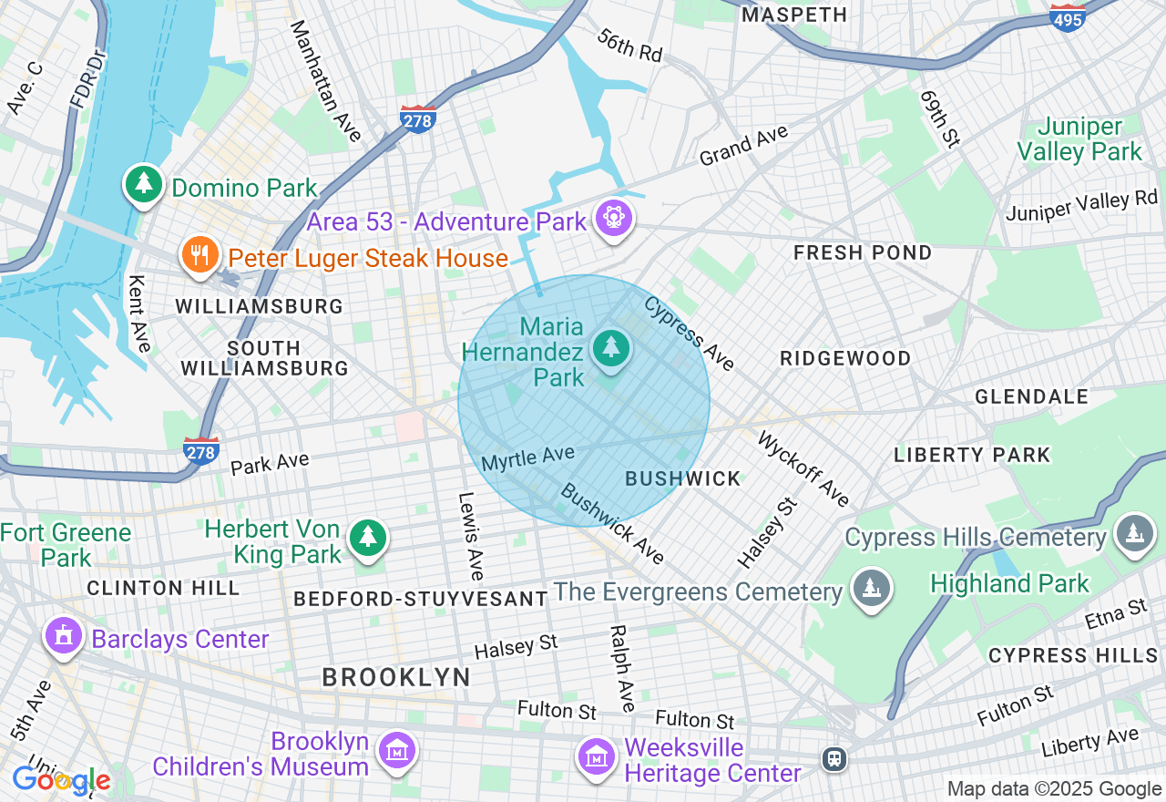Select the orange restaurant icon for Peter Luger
(199, 255)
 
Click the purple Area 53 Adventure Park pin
(614, 219)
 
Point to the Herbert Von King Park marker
(367, 539)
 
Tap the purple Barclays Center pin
(63, 636)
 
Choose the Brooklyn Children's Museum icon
(397, 751)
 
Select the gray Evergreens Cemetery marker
(872, 589)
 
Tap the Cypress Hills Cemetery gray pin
(1133, 534)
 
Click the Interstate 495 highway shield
(1068, 18)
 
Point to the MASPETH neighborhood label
(794, 15)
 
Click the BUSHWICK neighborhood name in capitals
(683, 478)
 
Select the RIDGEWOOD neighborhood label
(845, 358)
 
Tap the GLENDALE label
(1031, 396)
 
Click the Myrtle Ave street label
(528, 458)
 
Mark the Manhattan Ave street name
(325, 80)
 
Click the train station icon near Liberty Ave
(833, 758)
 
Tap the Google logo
(61, 780)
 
